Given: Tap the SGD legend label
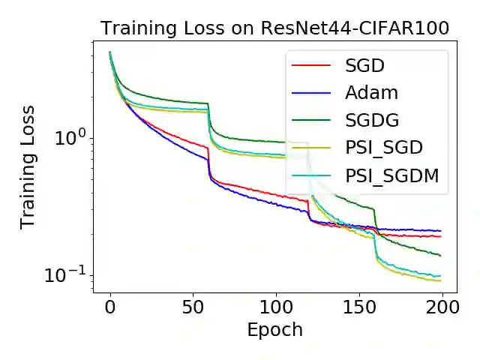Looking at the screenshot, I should tap(364, 65).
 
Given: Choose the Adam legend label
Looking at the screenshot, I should tap(371, 93).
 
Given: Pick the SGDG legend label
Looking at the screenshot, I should tap(372, 120).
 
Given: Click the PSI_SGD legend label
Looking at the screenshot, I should tap(384, 148).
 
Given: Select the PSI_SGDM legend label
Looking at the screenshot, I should tap(391, 175).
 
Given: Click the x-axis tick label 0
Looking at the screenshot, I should tap(110, 307).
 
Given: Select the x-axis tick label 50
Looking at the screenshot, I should tap(193, 307).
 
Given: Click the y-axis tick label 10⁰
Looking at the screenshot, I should tap(71, 137).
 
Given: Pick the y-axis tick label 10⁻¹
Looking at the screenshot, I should tap(67, 274).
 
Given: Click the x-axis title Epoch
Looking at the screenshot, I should tap(275, 330).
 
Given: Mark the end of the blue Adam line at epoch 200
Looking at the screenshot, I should tap(440, 231).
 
